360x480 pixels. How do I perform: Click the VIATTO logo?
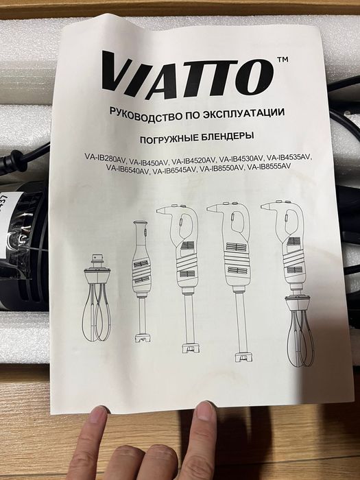[x=187, y=75]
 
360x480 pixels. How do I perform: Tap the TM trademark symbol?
[x=283, y=60]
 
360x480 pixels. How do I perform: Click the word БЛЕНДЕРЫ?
[x=228, y=136]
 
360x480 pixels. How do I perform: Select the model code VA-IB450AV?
[x=149, y=160]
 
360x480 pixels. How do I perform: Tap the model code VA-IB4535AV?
[x=289, y=158]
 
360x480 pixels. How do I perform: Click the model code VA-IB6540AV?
[x=128, y=169]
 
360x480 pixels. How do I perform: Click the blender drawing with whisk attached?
[x=291, y=283]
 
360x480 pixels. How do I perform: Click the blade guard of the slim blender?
[x=143, y=337]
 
